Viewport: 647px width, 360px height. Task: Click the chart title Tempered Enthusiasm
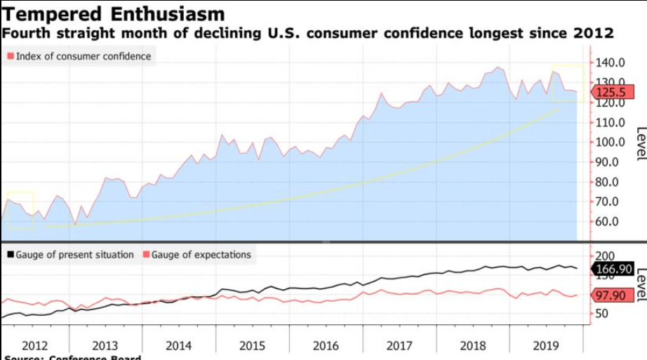(x=114, y=14)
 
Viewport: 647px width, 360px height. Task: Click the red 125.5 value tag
(x=612, y=92)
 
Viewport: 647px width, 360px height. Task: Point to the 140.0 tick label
(x=610, y=63)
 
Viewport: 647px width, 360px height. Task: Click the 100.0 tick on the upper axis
(x=610, y=142)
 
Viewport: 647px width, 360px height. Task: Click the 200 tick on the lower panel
(x=605, y=256)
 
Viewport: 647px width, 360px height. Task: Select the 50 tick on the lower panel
(x=602, y=314)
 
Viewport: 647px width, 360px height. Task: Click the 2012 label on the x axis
(x=35, y=345)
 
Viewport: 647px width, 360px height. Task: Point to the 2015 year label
(x=251, y=345)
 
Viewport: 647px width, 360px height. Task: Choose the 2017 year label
(x=399, y=345)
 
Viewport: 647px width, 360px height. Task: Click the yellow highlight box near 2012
(x=20, y=210)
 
